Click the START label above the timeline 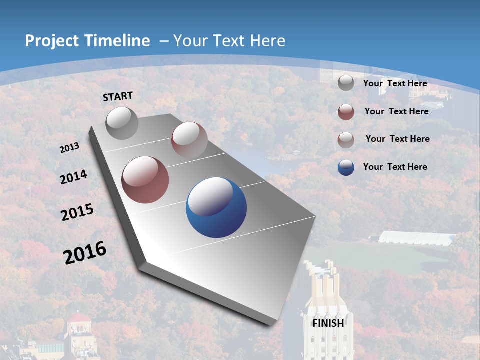tap(118, 96)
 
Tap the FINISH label tap(328, 323)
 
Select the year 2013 tap(69, 148)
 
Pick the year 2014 tap(73, 177)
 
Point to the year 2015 tap(77, 212)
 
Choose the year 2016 tap(85, 253)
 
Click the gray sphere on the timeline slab tap(122, 123)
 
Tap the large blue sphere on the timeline tap(216, 207)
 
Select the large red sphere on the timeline tap(145, 180)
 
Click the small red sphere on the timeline tap(189, 140)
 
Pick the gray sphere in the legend tap(346, 83)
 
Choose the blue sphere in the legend tap(346, 167)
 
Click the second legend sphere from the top tap(346, 112)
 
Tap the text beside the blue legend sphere tap(395, 167)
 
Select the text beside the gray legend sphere tap(395, 83)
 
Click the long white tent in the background tap(416, 238)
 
